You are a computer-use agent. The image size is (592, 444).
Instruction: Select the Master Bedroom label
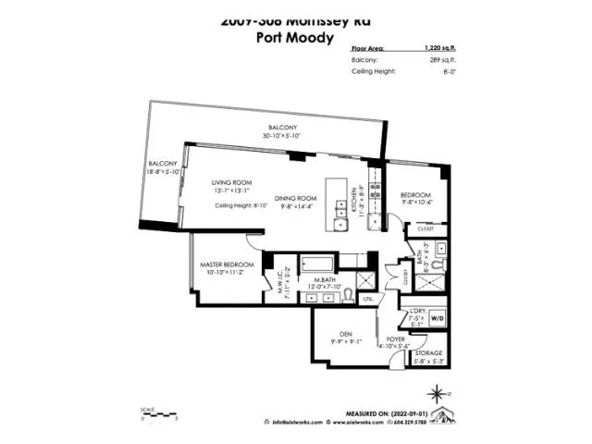226,265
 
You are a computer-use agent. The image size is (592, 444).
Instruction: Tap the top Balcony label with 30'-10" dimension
281,128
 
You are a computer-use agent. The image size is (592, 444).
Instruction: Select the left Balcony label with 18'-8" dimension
161,165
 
